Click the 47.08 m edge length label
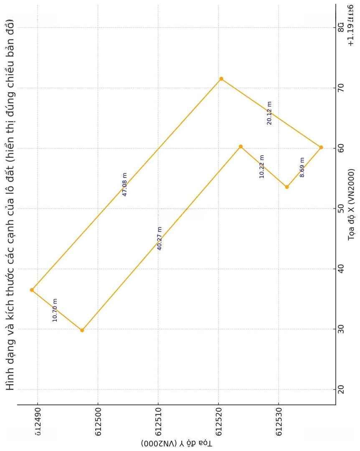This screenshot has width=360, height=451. point(124,184)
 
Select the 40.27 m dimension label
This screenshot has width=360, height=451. point(159,238)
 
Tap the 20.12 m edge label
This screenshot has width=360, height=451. point(269,113)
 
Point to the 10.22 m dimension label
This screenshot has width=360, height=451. point(262,167)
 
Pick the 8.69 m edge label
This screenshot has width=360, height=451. point(302,167)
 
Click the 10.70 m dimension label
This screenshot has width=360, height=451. point(55,310)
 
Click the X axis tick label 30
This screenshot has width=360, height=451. point(341,329)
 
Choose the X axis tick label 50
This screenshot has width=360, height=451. point(341,208)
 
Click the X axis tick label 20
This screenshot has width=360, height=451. point(341,389)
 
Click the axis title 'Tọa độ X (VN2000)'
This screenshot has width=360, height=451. point(351,204)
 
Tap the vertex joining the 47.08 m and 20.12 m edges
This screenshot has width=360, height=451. point(221,79)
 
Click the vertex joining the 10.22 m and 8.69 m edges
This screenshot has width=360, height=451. point(287,187)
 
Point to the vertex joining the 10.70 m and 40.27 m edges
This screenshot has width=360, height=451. point(82,330)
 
